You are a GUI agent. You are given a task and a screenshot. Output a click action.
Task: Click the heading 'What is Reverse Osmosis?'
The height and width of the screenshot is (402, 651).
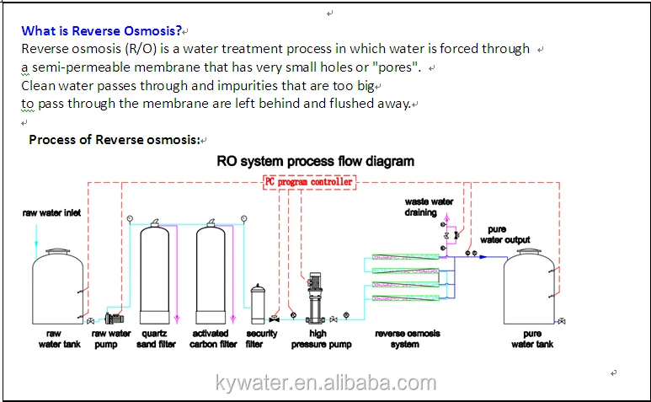tap(102, 31)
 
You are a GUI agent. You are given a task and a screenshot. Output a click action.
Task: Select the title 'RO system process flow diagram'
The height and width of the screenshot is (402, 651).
tap(315, 161)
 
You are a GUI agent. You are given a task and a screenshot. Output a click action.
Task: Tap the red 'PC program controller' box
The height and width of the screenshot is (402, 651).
tap(309, 181)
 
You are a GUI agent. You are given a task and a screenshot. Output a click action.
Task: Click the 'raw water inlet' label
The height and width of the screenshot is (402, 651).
tap(51, 213)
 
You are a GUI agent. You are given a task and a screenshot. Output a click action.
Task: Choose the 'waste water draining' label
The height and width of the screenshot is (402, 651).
tap(429, 207)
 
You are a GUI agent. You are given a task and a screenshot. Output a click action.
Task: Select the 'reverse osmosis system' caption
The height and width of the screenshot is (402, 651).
tap(407, 339)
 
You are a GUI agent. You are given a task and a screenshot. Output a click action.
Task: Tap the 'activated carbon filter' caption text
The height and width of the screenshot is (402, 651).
tap(213, 339)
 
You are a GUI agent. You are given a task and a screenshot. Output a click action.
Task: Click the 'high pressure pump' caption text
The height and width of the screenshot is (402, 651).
tap(321, 339)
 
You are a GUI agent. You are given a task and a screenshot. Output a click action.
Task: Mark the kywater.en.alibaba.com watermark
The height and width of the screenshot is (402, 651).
tap(325, 384)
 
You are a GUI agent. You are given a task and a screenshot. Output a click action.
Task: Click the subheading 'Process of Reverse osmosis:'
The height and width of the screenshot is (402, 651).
tap(115, 139)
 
